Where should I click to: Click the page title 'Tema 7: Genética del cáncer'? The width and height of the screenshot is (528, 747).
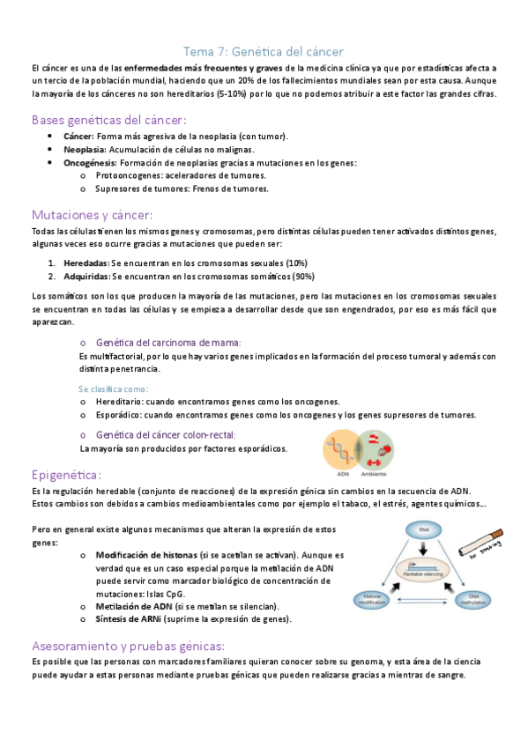(263, 51)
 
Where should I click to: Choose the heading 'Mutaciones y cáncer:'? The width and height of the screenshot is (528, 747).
(92, 214)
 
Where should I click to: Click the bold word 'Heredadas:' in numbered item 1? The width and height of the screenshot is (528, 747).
(86, 263)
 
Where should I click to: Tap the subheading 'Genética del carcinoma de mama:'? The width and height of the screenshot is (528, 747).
(167, 342)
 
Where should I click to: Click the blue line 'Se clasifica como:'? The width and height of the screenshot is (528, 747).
(113, 388)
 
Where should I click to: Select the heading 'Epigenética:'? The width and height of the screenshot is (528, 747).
(67, 474)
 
